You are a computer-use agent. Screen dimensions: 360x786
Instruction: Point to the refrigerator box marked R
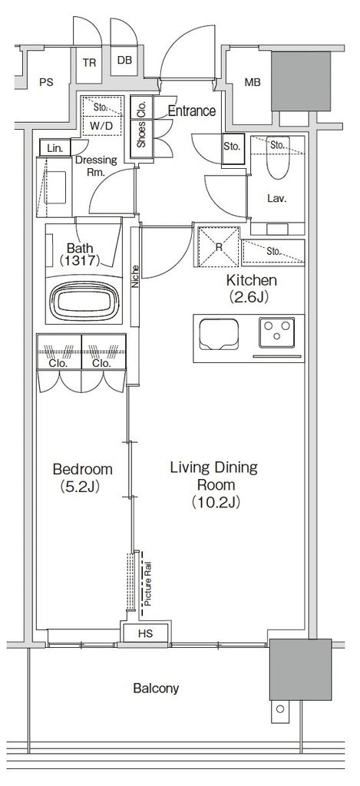(x=219, y=248)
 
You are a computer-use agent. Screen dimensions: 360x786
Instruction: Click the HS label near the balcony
(x=145, y=633)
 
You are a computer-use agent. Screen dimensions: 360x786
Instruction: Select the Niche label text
(x=135, y=276)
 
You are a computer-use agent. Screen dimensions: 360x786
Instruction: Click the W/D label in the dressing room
(x=101, y=127)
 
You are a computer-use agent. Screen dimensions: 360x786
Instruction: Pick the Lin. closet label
(x=54, y=148)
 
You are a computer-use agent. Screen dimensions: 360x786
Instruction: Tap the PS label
(x=46, y=83)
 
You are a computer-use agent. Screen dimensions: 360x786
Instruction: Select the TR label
(x=89, y=63)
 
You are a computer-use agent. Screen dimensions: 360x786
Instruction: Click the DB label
(x=124, y=61)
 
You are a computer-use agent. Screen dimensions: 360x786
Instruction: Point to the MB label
(x=253, y=83)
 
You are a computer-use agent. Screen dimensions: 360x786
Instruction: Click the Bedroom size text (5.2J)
(x=83, y=486)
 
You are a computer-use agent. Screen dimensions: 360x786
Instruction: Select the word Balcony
(x=156, y=689)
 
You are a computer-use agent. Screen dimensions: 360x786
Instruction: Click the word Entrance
(x=192, y=111)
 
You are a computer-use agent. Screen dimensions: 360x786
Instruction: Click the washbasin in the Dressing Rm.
(x=54, y=187)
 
